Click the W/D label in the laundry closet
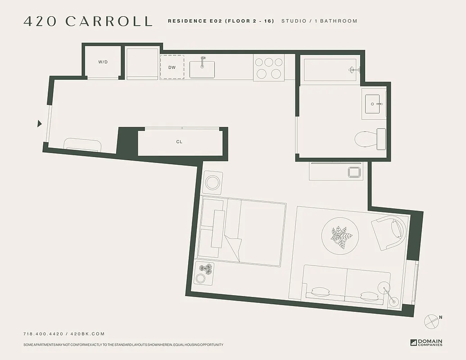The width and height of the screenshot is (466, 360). tap(103, 62)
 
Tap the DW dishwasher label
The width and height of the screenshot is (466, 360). tap(172, 67)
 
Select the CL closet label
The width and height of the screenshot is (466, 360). tap(179, 142)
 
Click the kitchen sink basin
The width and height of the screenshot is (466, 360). tap(202, 69)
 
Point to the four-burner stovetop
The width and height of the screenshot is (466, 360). tap(269, 67)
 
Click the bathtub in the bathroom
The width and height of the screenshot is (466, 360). tap(330, 70)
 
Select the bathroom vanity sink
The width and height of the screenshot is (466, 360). tap(374, 104)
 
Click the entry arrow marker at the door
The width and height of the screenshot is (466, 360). tap(40, 124)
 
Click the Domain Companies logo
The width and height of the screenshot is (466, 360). tap(426, 342)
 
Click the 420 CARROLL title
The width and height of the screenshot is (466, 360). tap(88, 21)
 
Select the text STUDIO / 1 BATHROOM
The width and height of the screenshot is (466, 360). tap(319, 21)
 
